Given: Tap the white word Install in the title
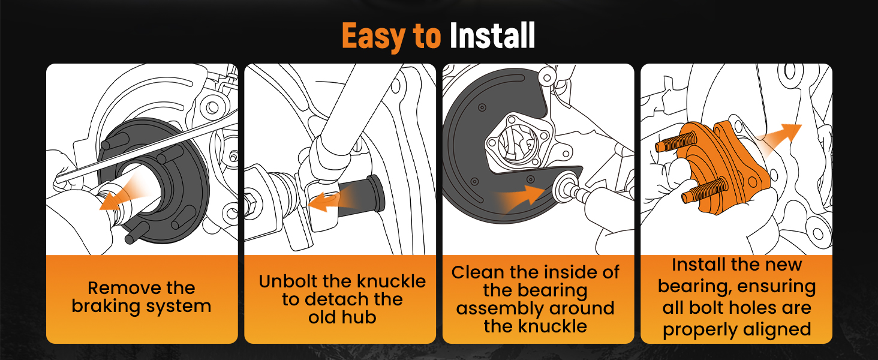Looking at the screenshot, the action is (x=492, y=35).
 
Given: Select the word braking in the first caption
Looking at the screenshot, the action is (x=105, y=306).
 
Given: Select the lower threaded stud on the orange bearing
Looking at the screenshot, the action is (x=704, y=190).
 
